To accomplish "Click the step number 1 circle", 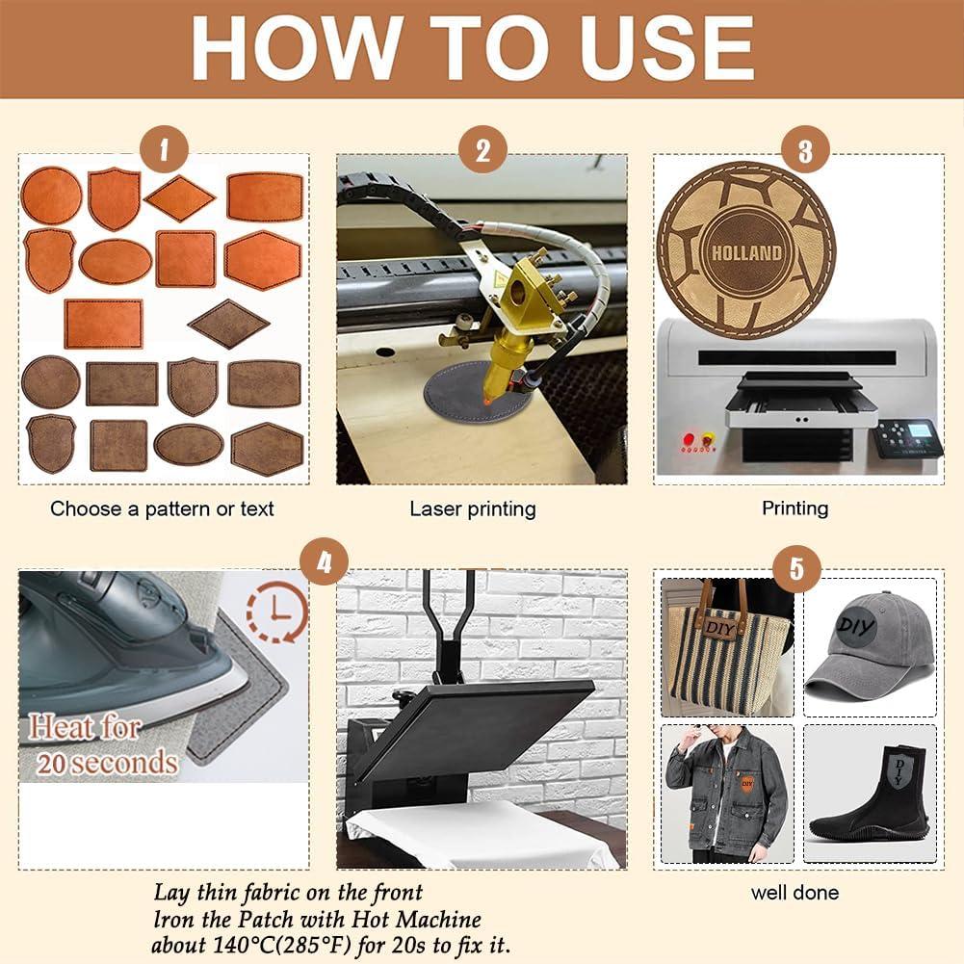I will [164, 150].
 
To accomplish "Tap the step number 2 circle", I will [482, 150].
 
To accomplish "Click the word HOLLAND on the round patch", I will [746, 253].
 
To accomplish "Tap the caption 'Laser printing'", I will [473, 508].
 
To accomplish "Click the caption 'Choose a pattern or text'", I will [162, 508].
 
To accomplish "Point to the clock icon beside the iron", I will [276, 612].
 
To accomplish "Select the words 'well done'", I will [795, 893].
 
